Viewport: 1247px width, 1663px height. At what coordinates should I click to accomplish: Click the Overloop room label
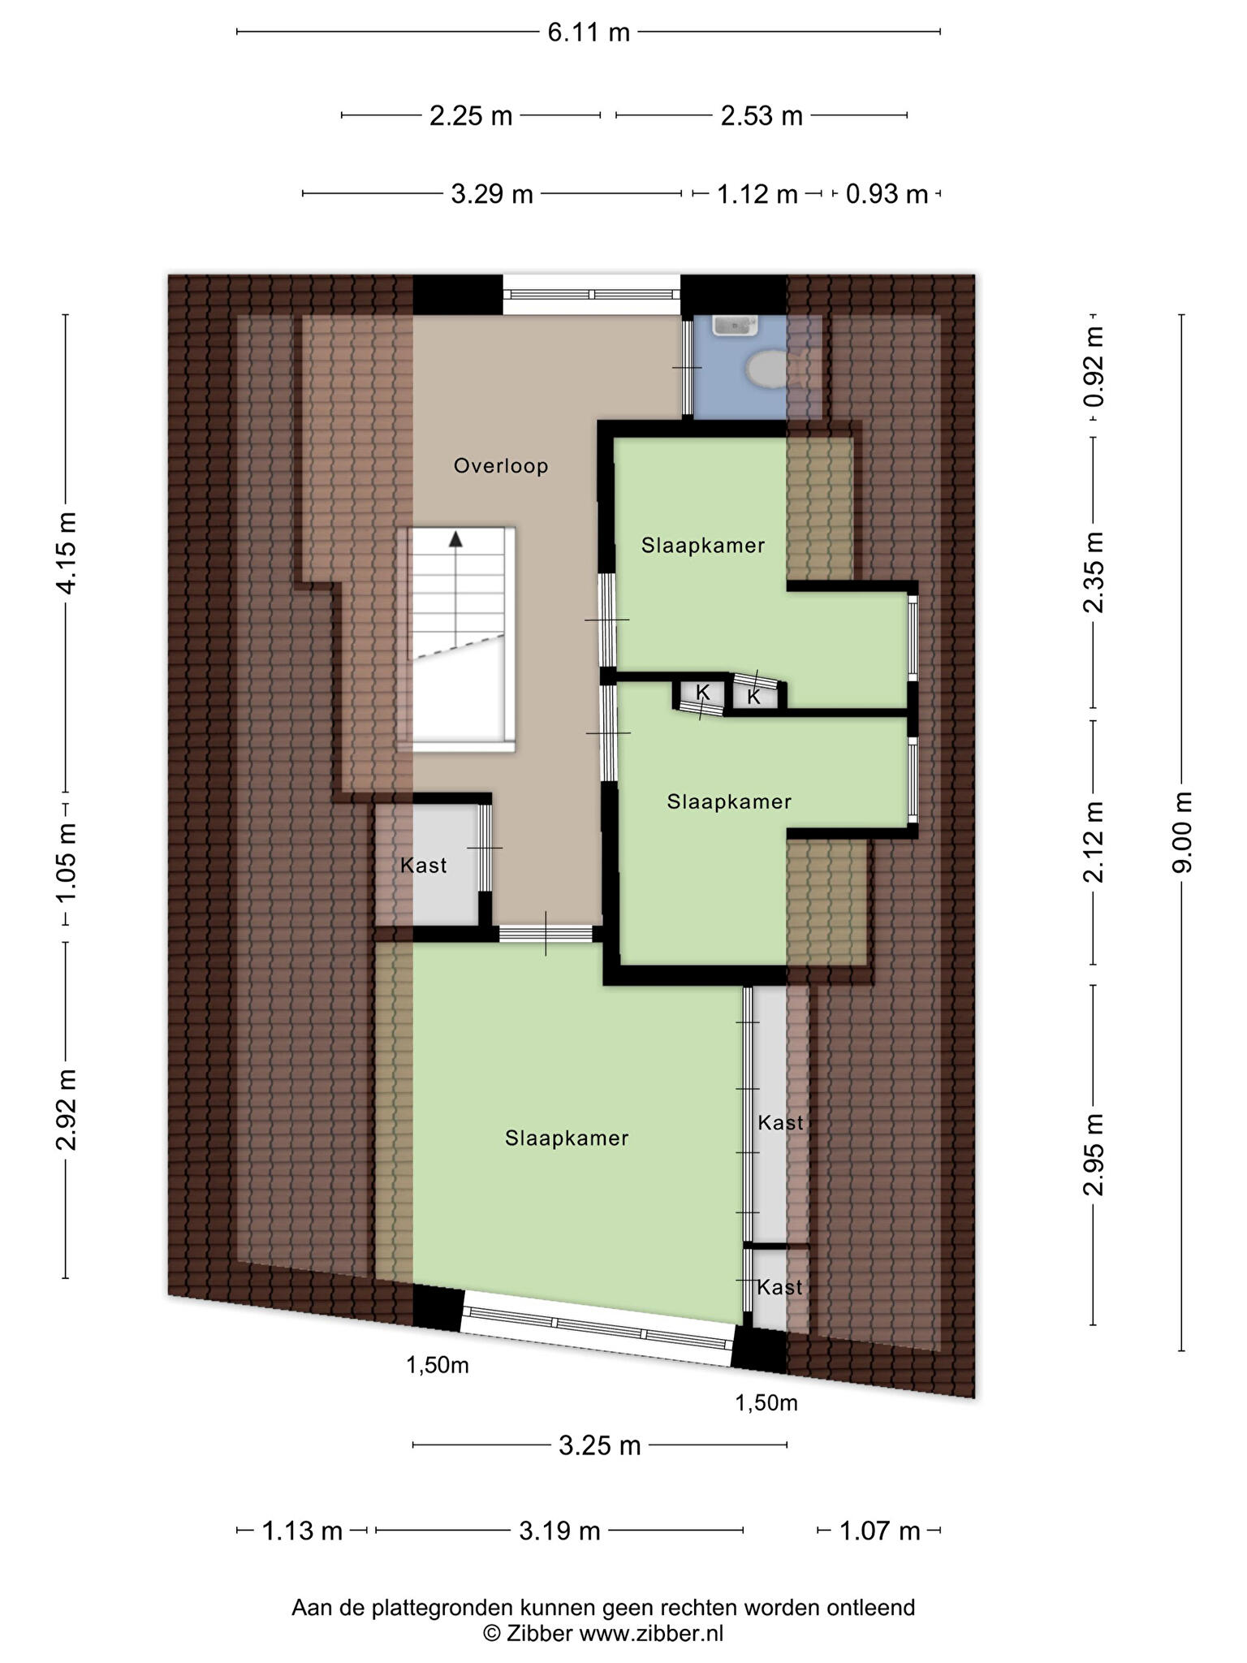point(501,466)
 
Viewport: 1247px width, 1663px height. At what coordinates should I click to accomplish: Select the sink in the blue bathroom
point(735,326)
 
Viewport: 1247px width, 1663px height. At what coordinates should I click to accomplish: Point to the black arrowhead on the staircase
point(456,538)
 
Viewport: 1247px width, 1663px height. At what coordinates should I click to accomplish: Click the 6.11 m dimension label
point(589,32)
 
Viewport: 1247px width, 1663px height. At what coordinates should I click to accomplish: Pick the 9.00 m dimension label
point(1182,831)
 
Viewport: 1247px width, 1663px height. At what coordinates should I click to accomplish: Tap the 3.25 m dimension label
point(600,1445)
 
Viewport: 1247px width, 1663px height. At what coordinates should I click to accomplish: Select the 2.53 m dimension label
point(762,116)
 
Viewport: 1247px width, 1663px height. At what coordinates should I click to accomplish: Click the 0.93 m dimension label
point(887,194)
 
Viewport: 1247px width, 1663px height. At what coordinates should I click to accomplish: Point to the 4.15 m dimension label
point(66,552)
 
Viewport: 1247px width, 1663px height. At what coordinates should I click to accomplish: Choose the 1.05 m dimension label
point(66,862)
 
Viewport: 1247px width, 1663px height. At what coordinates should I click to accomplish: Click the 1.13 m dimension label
point(301,1531)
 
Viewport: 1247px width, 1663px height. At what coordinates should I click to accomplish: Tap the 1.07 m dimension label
point(879,1531)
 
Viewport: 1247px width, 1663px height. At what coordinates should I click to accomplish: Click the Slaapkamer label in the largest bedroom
point(567,1138)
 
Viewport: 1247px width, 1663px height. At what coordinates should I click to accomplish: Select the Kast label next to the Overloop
point(423,866)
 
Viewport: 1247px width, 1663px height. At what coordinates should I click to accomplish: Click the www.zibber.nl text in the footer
point(651,1634)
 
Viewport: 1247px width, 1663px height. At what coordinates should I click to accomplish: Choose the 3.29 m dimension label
point(492,194)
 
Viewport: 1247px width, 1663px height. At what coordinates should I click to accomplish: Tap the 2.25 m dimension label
point(471,116)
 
